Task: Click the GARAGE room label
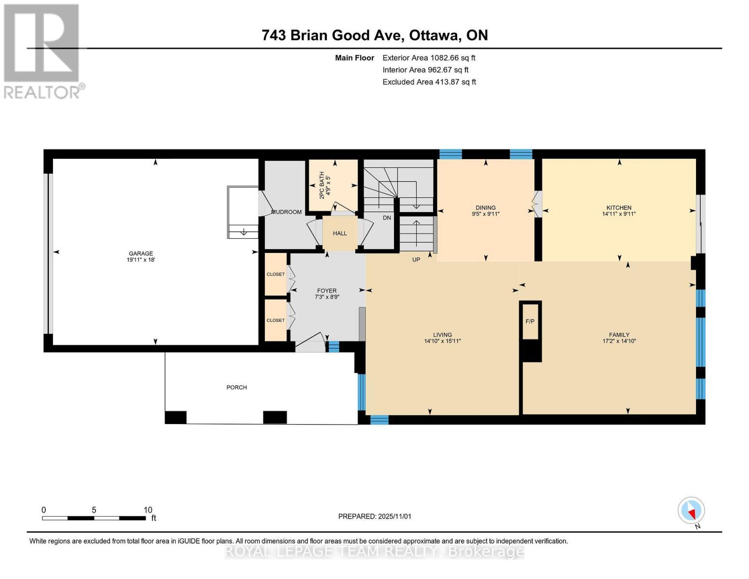[140, 253]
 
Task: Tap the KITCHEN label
[619, 208]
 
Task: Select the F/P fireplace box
[530, 321]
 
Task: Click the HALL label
[340, 234]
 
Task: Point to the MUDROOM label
[286, 212]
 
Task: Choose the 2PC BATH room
[333, 185]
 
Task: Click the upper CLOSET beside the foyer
[276, 275]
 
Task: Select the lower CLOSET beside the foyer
[276, 320]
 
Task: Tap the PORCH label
[236, 387]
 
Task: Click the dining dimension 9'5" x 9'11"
[486, 214]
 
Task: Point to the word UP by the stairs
[416, 260]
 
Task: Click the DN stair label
[387, 218]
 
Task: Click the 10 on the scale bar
[148, 510]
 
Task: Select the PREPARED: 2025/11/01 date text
[375, 516]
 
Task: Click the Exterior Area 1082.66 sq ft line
[429, 58]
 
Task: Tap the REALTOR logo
[42, 51]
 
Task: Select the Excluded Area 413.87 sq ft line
[429, 82]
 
